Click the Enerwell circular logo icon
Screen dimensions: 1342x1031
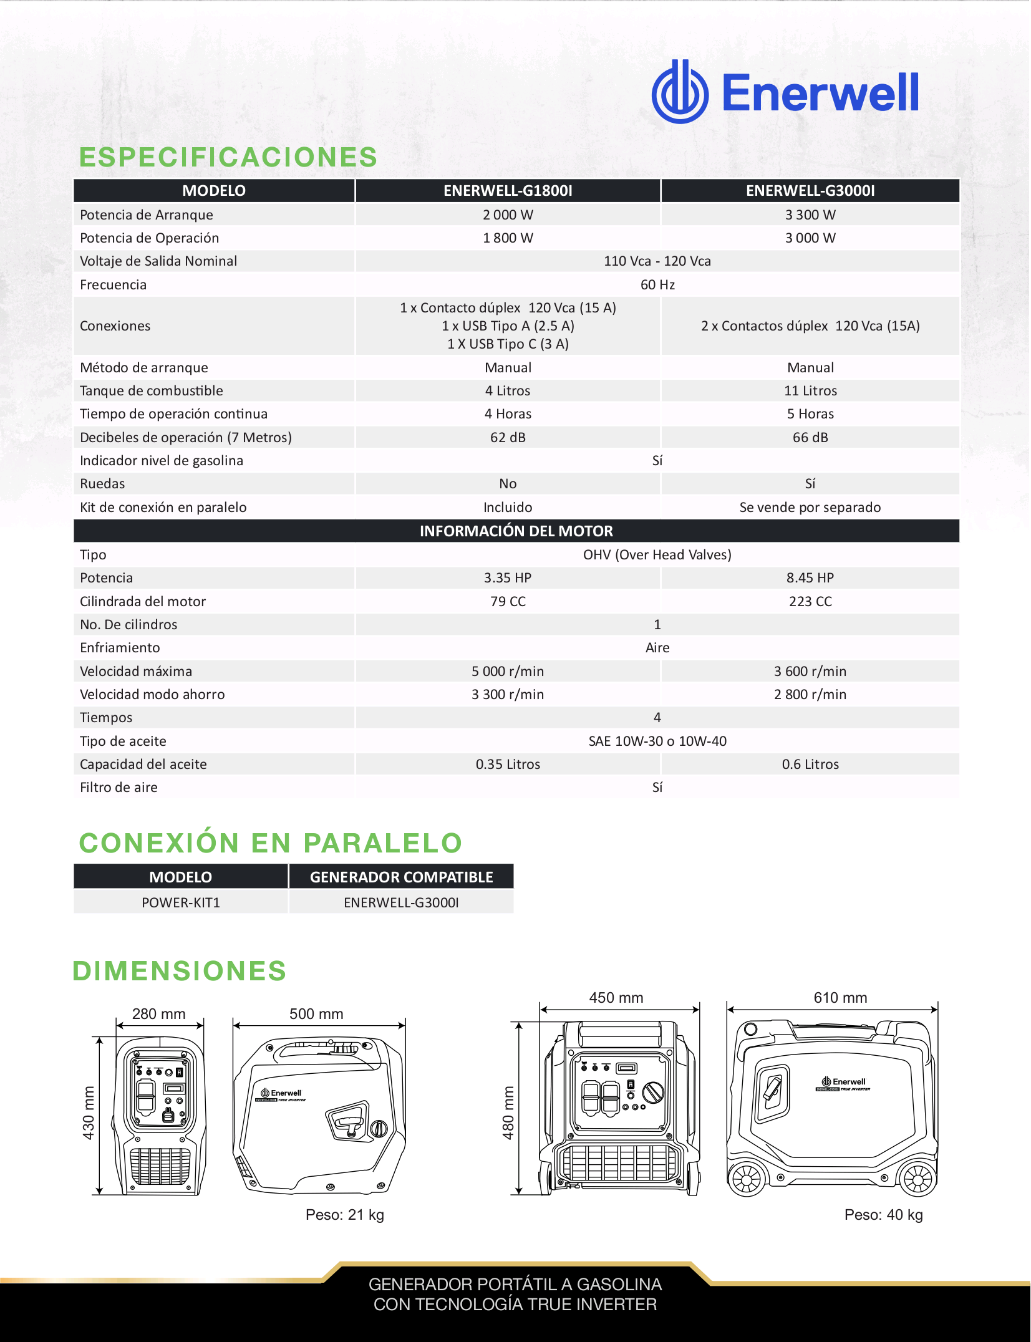[680, 92]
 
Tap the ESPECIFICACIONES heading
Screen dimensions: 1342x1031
[228, 157]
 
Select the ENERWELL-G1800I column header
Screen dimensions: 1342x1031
[508, 191]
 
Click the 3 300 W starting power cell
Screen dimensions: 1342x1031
[810, 215]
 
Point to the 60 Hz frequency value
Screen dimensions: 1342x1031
[657, 285]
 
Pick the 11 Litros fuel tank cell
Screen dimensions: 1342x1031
[810, 391]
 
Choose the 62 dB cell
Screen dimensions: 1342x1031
[508, 438]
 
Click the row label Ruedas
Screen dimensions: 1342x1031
[102, 484]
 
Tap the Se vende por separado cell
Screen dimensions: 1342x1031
[810, 508]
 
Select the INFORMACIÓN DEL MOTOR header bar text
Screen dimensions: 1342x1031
[516, 531]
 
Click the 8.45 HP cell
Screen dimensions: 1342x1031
[810, 578]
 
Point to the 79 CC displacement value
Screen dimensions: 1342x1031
[508, 602]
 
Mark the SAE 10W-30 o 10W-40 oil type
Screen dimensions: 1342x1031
[657, 741]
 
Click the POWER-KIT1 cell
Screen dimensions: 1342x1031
[181, 903]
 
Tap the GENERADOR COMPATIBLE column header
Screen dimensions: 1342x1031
[401, 877]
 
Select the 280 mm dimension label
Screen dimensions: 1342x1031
[158, 1014]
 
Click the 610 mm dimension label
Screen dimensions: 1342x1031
[840, 998]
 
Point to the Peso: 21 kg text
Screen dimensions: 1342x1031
[344, 1215]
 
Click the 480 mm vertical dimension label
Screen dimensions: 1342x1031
[508, 1113]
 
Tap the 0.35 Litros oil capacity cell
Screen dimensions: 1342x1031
[508, 765]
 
